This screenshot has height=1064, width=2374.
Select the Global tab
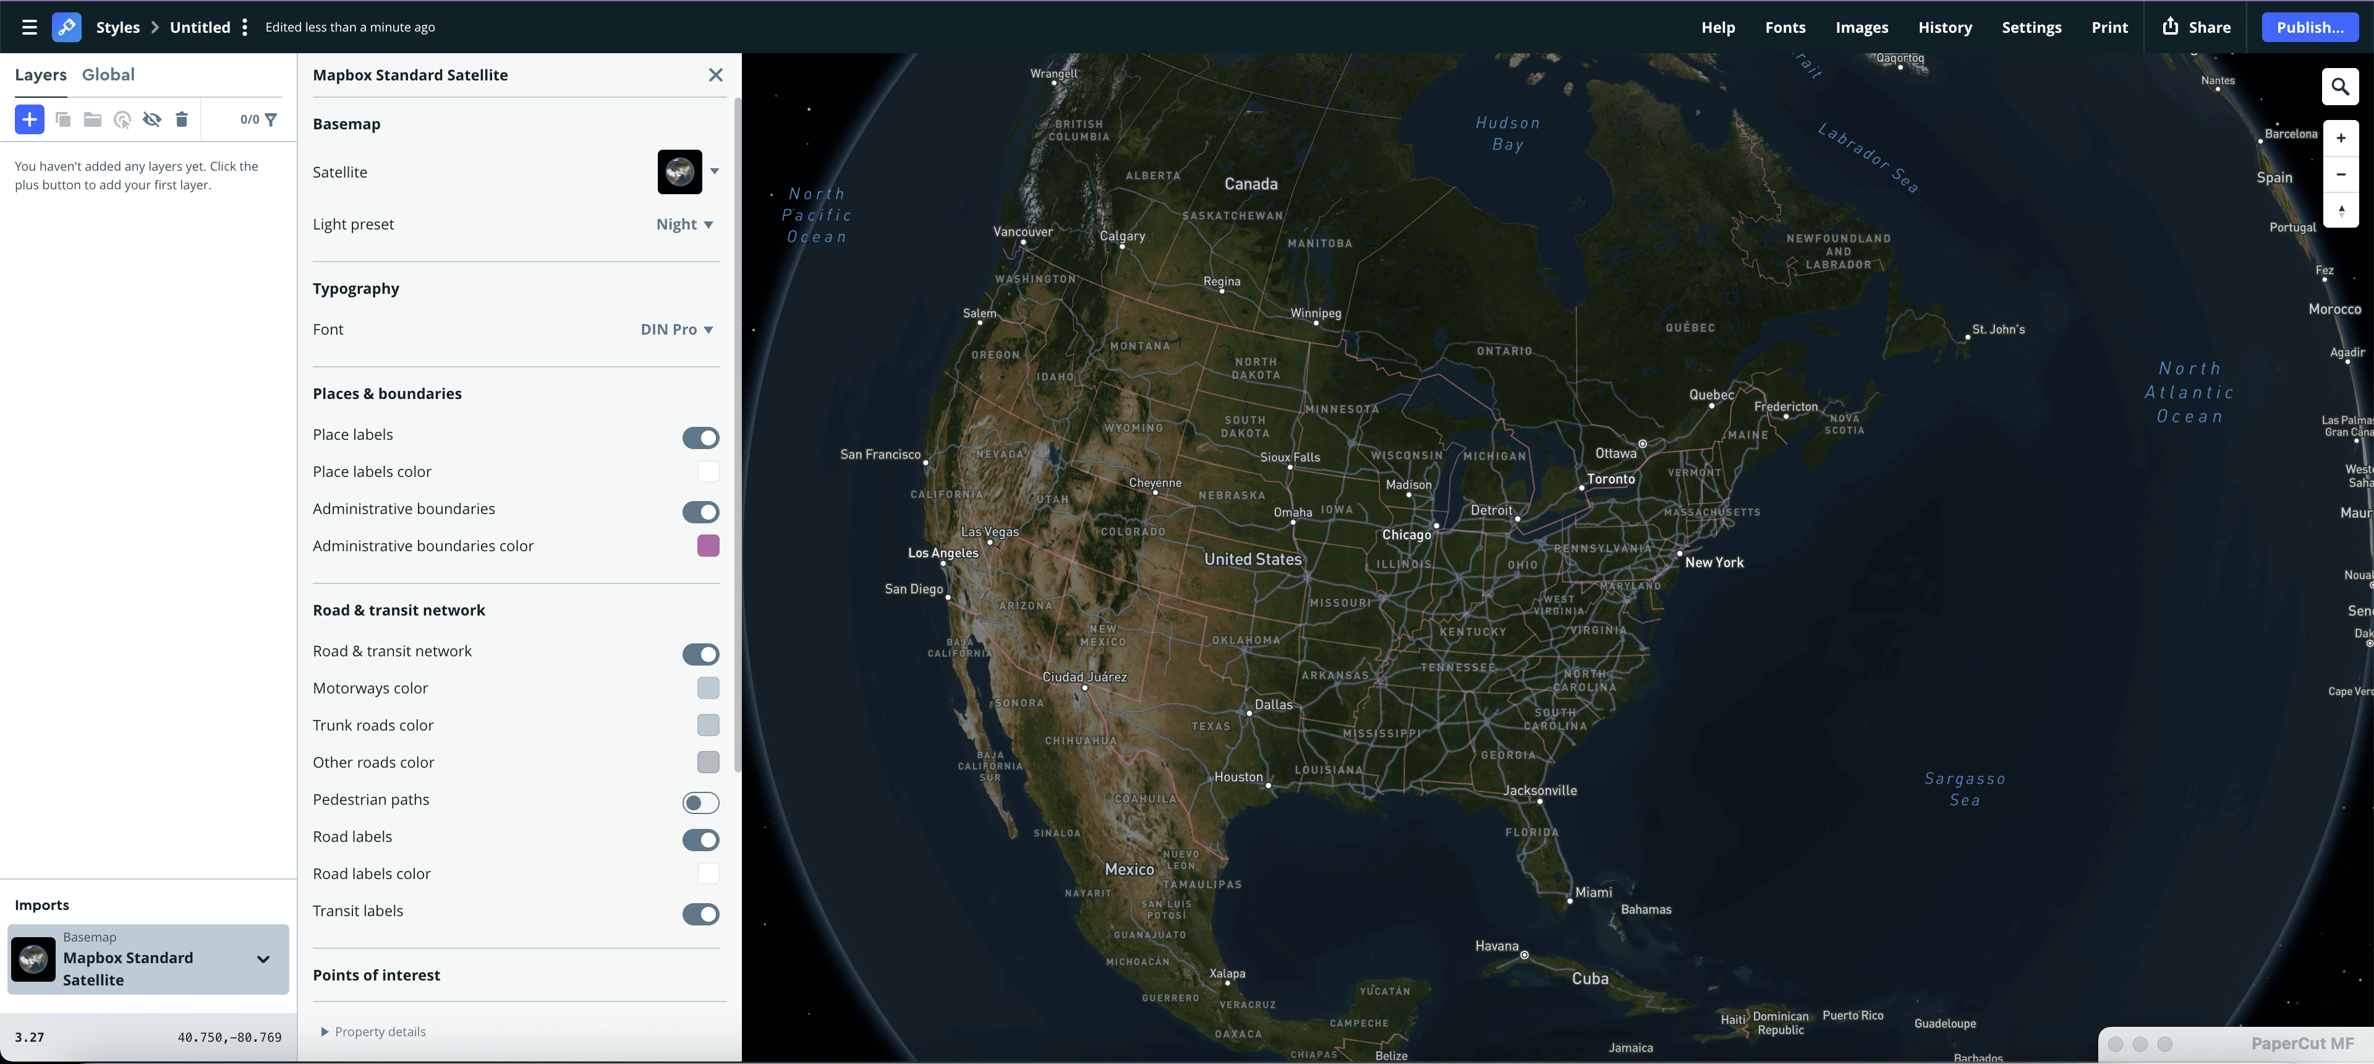point(108,75)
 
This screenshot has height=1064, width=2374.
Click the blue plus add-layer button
point(30,119)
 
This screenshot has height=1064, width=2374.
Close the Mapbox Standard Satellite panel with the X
point(715,75)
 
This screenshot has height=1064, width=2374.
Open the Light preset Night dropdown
point(684,224)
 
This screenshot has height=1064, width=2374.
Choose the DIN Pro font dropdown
point(676,329)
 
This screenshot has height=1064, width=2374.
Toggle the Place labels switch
point(700,437)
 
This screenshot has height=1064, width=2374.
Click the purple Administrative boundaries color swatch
point(708,546)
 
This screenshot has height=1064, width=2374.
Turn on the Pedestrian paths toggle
point(700,802)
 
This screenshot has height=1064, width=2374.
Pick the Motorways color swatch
point(708,688)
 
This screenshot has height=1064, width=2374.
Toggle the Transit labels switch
point(700,914)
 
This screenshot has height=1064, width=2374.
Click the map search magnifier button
point(2340,87)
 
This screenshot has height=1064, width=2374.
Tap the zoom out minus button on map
point(2341,174)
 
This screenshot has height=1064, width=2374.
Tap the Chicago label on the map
point(1406,534)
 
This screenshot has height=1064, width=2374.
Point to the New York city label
point(1714,562)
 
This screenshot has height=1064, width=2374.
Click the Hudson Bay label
point(1508,134)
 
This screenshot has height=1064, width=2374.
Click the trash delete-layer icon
point(182,119)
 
